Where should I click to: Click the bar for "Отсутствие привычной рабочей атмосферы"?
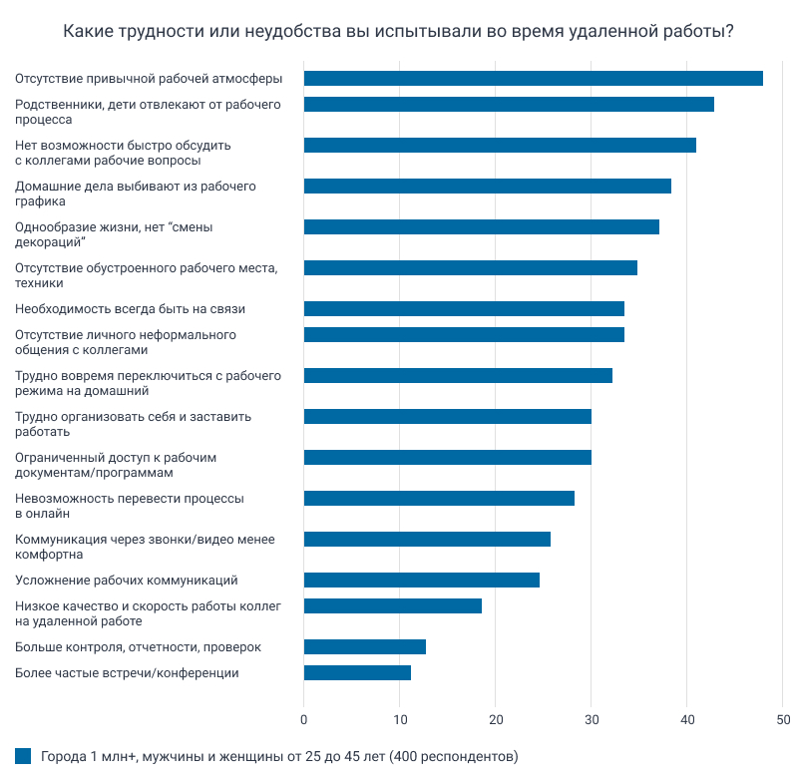pos(533,79)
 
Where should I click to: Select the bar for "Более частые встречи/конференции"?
pos(357,672)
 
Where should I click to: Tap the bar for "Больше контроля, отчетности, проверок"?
pos(364,646)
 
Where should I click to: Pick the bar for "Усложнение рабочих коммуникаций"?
pos(421,580)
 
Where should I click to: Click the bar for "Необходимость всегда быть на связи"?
pos(464,308)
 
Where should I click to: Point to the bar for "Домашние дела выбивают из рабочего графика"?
pos(487,186)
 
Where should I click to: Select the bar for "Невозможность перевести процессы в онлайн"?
pos(439,498)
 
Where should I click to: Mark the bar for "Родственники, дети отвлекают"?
pos(509,104)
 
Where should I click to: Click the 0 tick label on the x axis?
pos(304,717)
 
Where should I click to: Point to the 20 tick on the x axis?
pos(496,717)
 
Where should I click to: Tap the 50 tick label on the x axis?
pos(783,717)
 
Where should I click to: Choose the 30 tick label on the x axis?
pos(592,717)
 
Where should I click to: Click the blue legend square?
pos(23,756)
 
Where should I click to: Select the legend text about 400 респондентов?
pos(279,756)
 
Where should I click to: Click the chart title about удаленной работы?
pos(399,32)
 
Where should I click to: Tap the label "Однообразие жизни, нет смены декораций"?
pos(115,234)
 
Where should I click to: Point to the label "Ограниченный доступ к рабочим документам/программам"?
pos(116,465)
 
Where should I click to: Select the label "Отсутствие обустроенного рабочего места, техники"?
pos(146,275)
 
